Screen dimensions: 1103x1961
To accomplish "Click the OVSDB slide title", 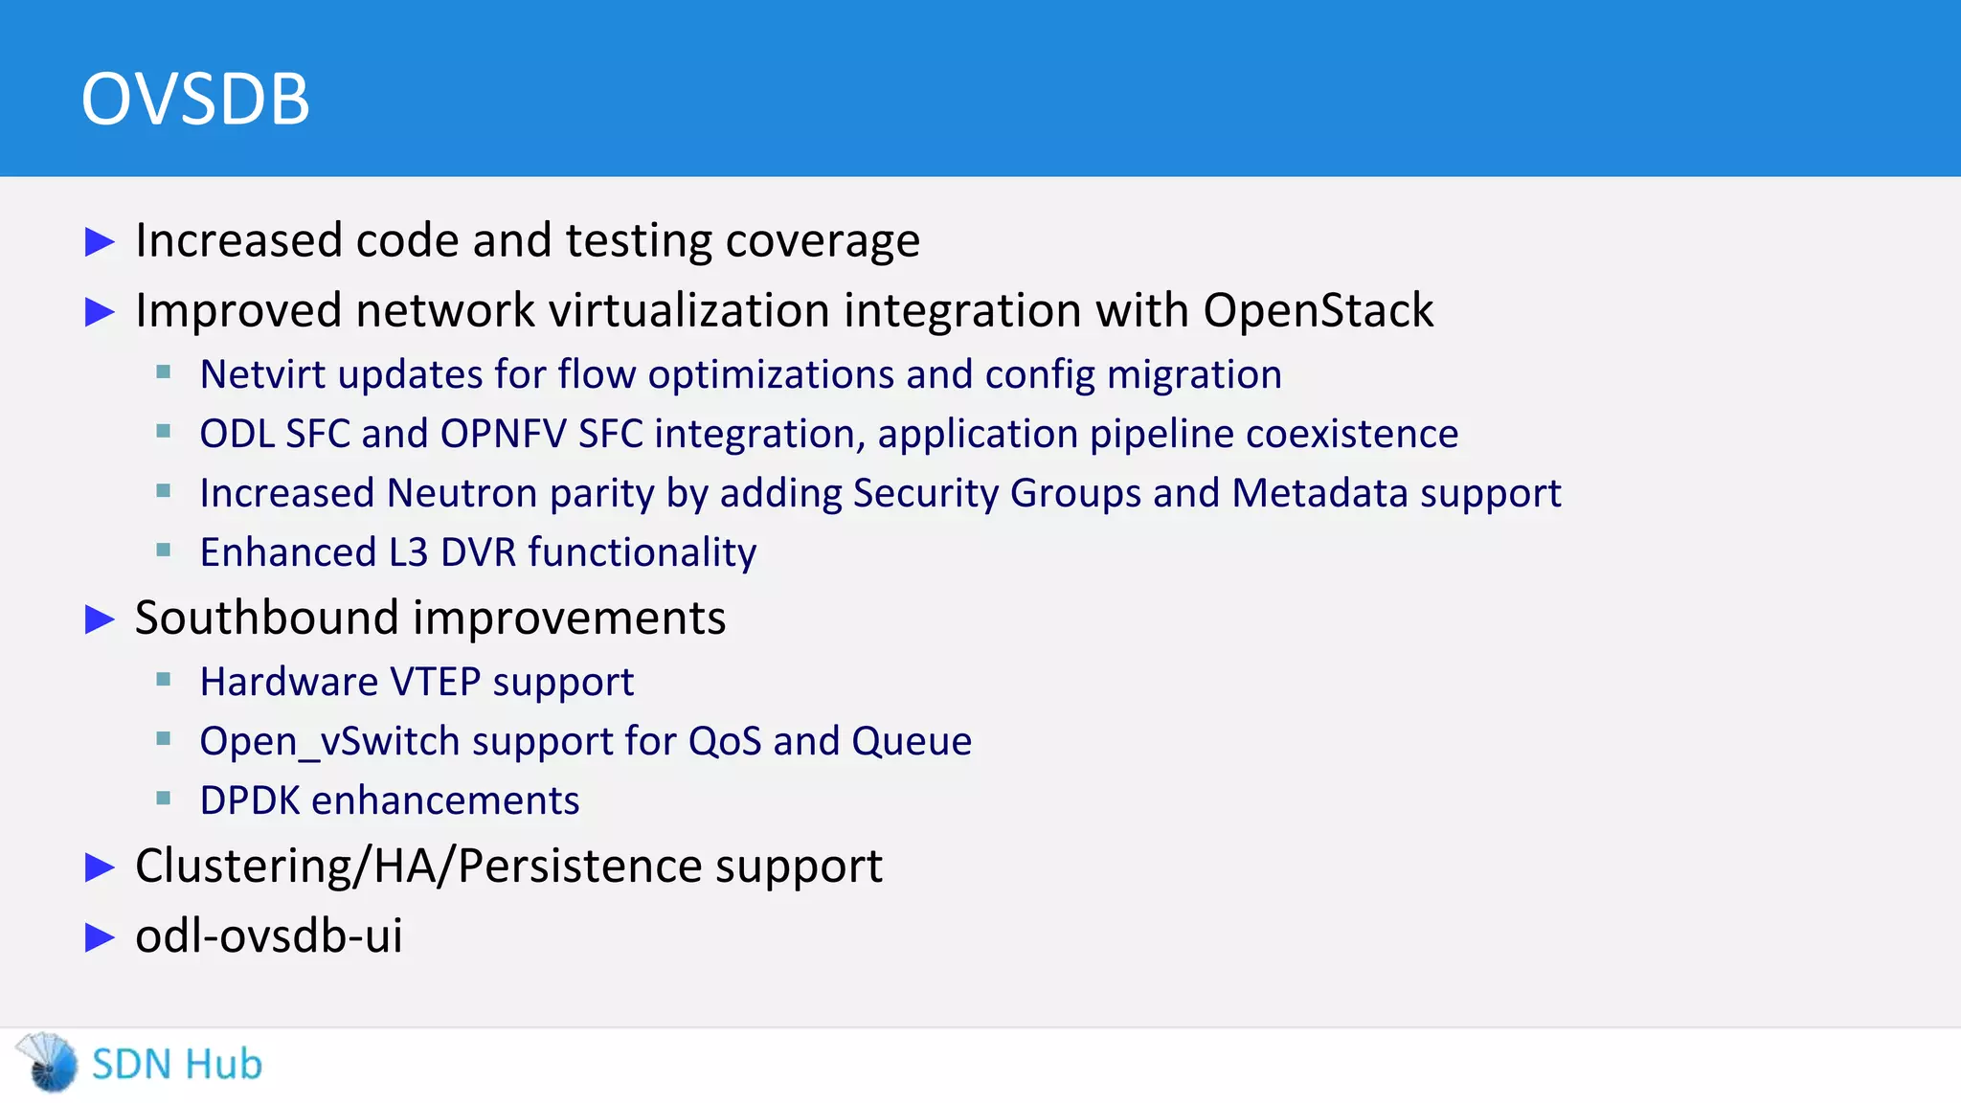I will pyautogui.click(x=195, y=99).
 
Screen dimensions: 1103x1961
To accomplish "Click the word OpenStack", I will pyautogui.click(x=1318, y=310).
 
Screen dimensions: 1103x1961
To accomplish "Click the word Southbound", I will pyautogui.click(x=267, y=618).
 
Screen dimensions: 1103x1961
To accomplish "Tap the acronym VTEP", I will pyautogui.click(x=436, y=682).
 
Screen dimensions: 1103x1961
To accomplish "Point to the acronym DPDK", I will pyautogui.click(x=250, y=800).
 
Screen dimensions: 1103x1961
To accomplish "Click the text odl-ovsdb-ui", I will pyautogui.click(x=268, y=935).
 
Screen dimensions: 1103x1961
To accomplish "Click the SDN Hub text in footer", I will pyautogui.click(x=176, y=1065).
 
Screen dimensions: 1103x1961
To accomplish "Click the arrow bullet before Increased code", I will pyautogui.click(x=100, y=241).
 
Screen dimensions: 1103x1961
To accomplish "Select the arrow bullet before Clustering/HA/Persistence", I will pyautogui.click(x=100, y=867).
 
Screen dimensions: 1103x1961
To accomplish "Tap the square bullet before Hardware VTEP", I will pyautogui.click(x=164, y=680).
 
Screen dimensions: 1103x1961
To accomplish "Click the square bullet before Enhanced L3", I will pyautogui.click(x=164, y=551).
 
